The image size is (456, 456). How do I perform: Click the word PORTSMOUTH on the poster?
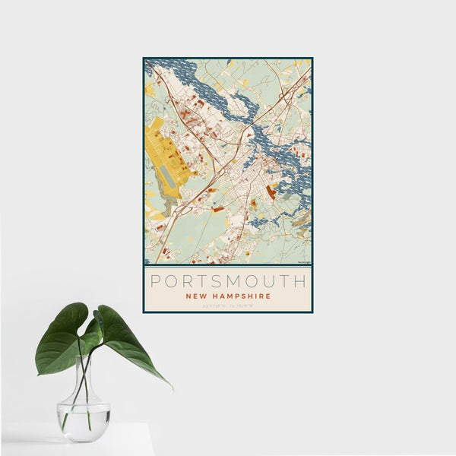pyautogui.click(x=228, y=281)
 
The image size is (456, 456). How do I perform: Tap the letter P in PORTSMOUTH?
pyautogui.click(x=156, y=281)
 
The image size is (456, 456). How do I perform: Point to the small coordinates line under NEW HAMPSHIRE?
pyautogui.click(x=228, y=306)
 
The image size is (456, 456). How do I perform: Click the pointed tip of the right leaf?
pyautogui.click(x=171, y=388)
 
